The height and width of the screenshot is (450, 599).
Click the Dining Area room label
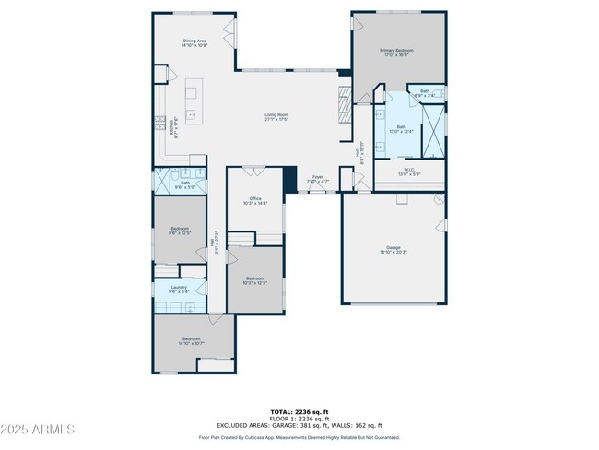[194, 42]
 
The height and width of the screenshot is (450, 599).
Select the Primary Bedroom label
[397, 53]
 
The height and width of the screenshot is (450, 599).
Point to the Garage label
[393, 249]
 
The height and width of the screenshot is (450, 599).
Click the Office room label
[255, 200]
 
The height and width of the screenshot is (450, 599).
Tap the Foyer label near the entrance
[317, 178]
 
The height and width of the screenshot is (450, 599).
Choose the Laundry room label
[180, 290]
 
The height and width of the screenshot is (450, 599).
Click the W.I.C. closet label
[409, 172]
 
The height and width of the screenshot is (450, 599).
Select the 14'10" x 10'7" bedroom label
[192, 341]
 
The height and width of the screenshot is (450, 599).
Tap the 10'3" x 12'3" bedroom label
[255, 280]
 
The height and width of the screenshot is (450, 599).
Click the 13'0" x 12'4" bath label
[401, 129]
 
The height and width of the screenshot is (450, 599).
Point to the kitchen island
[193, 101]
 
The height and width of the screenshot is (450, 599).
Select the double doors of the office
[255, 170]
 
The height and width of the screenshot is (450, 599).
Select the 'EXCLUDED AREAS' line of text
[299, 424]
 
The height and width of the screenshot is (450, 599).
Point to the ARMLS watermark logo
[39, 430]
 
